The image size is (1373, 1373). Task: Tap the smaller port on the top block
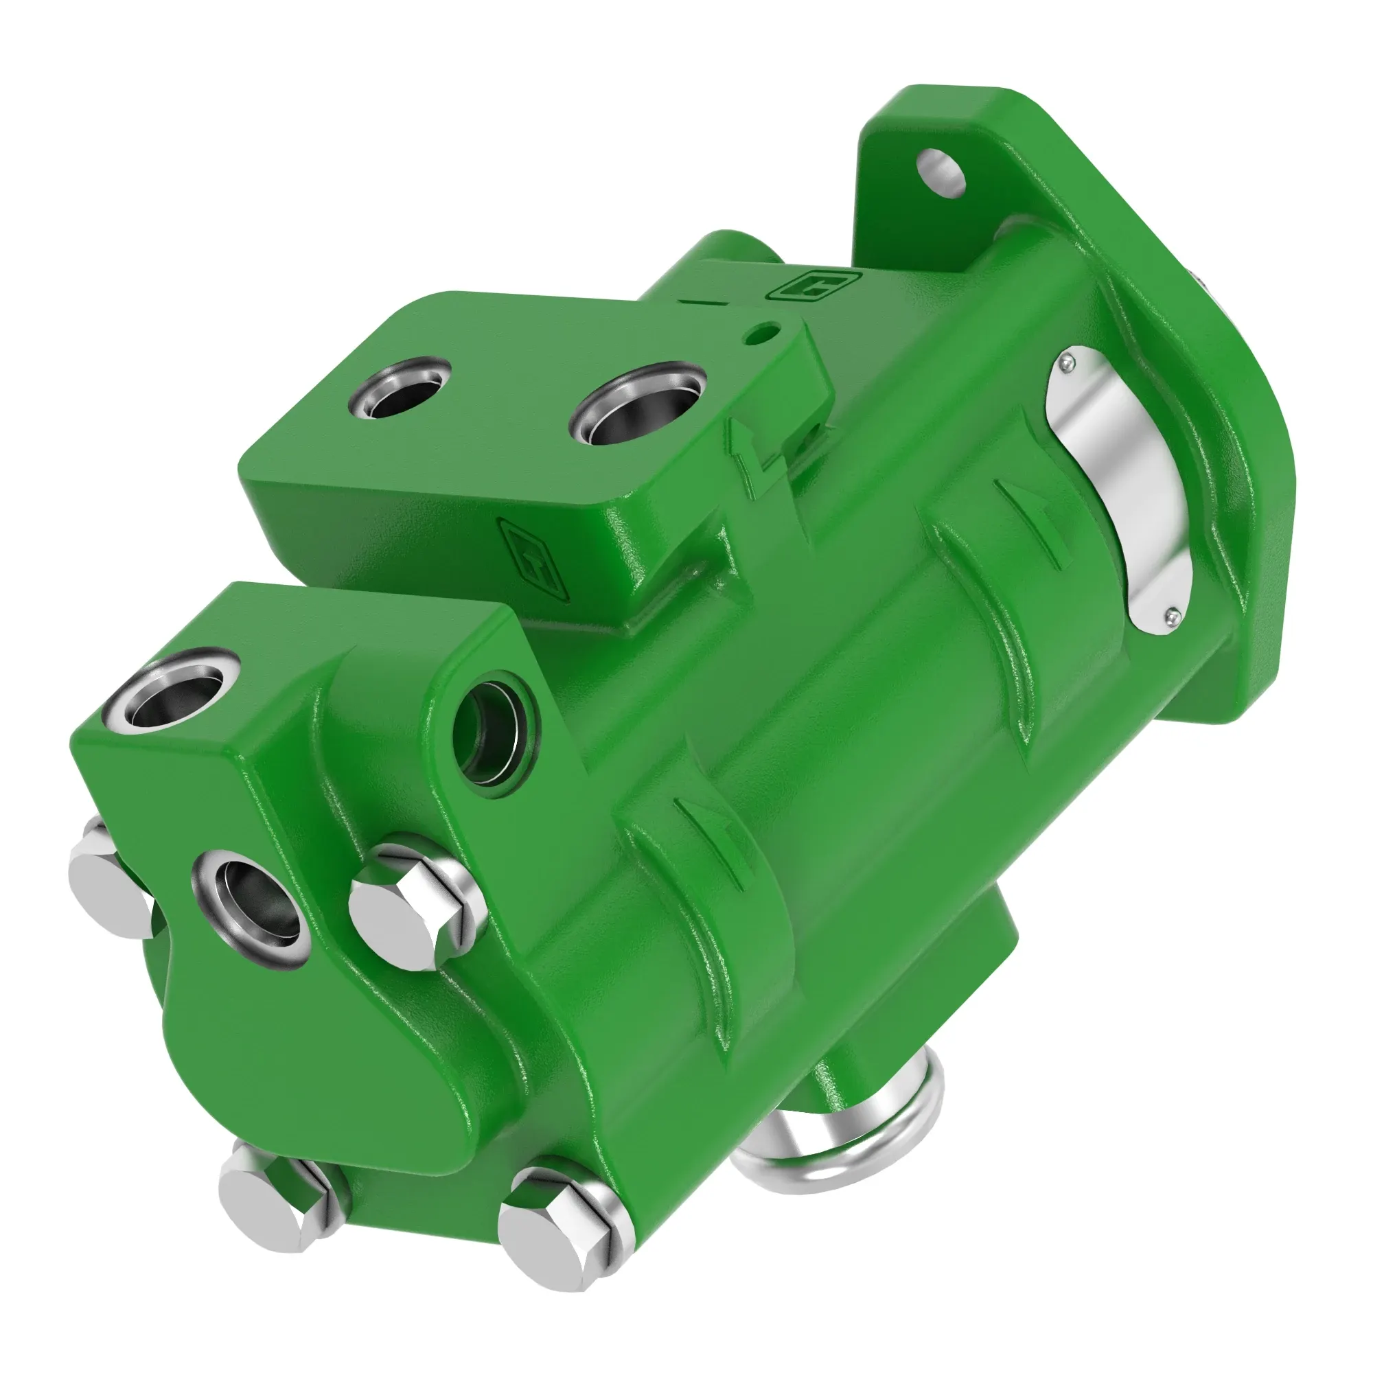point(400,387)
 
